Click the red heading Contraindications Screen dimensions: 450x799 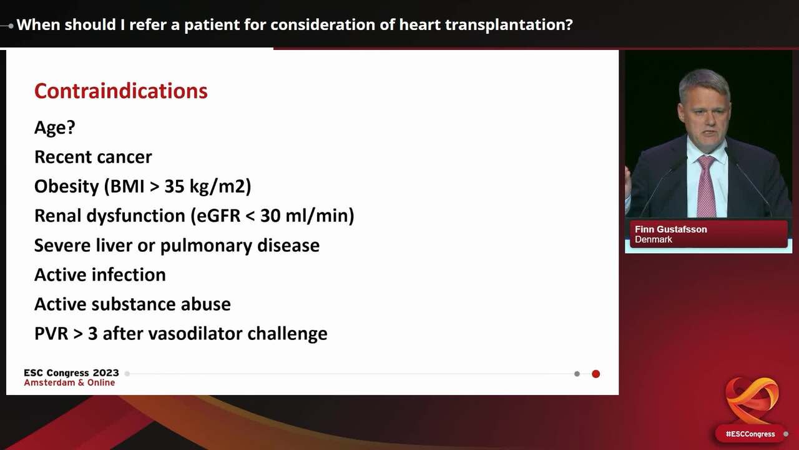coord(120,91)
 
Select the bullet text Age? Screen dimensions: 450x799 coord(54,127)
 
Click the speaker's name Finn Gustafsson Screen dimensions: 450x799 coord(670,229)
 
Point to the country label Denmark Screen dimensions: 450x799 coord(653,240)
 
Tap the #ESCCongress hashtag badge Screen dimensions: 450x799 coord(750,434)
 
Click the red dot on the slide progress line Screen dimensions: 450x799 coord(596,374)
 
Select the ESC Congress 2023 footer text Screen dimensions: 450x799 coord(71,373)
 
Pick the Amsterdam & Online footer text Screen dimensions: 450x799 coord(69,382)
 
